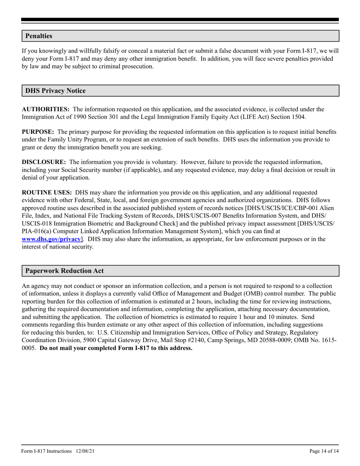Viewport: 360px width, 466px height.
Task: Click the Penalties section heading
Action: (x=39, y=36)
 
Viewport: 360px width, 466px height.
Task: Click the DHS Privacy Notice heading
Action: (x=55, y=91)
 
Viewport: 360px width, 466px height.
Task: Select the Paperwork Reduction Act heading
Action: (x=64, y=271)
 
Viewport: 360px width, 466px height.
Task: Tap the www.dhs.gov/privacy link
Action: (x=51, y=239)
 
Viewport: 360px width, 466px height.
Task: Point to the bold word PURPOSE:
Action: (x=38, y=132)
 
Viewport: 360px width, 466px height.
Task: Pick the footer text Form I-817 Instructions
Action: (x=47, y=451)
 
